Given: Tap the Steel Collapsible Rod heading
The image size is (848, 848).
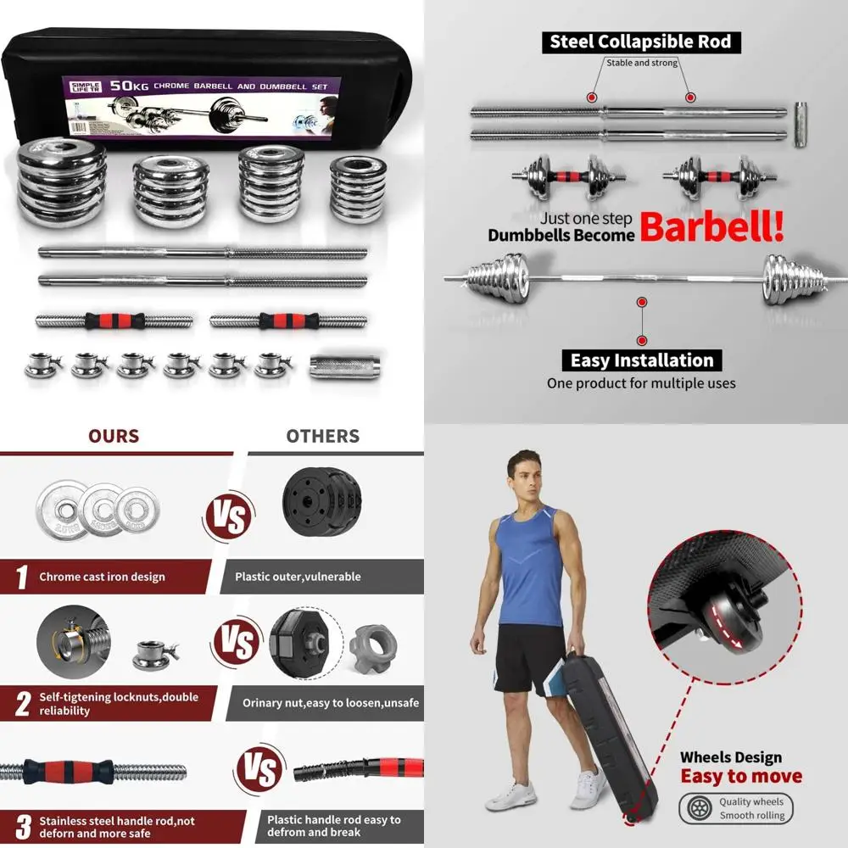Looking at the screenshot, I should (640, 42).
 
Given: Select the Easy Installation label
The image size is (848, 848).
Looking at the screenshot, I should (641, 360).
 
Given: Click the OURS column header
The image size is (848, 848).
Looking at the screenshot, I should (114, 436).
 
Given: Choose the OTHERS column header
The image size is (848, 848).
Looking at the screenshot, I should (322, 436).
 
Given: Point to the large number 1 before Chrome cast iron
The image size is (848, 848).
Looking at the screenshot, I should (21, 577).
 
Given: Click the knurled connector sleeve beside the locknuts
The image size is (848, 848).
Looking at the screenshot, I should (338, 367).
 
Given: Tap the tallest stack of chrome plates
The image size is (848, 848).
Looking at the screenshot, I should (62, 182).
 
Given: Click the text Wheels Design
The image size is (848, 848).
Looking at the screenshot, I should (731, 757).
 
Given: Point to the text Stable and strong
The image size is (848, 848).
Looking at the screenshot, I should (641, 63).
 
